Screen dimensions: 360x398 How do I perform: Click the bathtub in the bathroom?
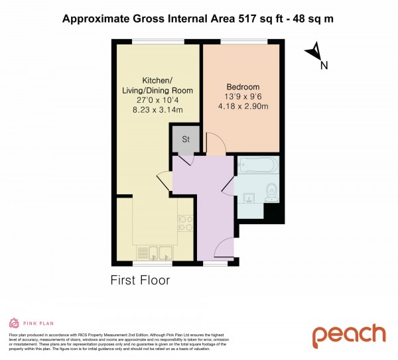(258, 165)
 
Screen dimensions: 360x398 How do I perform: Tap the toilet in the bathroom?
(271, 192)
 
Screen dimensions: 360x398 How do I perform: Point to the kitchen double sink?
(155, 252)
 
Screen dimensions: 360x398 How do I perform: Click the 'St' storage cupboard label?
(185, 139)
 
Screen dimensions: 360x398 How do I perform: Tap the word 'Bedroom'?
(243, 87)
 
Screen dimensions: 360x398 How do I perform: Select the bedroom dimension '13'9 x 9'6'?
(243, 98)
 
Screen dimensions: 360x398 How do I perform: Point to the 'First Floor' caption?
(140, 280)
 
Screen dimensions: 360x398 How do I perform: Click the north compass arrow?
(316, 54)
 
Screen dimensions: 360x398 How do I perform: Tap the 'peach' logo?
(349, 335)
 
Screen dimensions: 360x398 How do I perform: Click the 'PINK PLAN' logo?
(30, 323)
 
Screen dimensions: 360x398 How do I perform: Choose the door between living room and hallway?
(163, 180)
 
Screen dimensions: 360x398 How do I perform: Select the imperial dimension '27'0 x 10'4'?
(155, 101)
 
